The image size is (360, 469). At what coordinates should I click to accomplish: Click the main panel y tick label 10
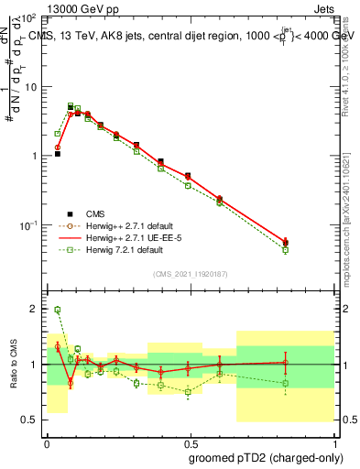[29, 87]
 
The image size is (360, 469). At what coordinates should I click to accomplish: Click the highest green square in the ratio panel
[57, 310]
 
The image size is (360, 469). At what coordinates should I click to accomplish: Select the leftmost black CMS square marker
[57, 154]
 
